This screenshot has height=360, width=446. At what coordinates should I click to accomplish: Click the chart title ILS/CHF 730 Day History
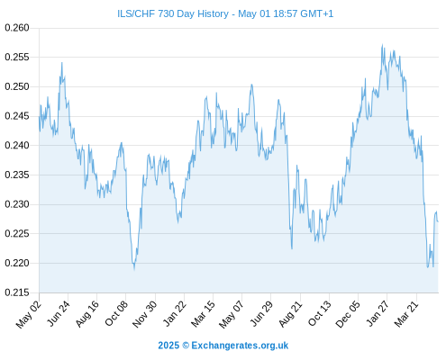pos(173,13)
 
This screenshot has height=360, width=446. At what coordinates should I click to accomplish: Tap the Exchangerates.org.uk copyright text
pos(223,346)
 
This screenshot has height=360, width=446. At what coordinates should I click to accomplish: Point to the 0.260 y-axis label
pos(17,28)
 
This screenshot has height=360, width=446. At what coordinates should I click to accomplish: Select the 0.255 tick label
pos(17,57)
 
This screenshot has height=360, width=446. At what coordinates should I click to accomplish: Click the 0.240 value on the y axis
pos(17,145)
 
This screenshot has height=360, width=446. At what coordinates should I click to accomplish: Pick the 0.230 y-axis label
pos(17,204)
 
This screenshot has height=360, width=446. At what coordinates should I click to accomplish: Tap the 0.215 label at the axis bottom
pos(17,292)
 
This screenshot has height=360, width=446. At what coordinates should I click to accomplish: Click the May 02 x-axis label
pos(29,314)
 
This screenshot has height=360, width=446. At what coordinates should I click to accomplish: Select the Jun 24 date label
pos(59,313)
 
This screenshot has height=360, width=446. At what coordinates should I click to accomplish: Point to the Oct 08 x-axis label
pos(116,313)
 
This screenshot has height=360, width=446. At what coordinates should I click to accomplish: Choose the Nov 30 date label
pos(145,314)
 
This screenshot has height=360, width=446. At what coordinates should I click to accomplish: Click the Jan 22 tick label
pos(175,313)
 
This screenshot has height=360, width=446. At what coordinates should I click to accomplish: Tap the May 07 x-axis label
pos(232,314)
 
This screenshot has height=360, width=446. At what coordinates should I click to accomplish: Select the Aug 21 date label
pos(290,313)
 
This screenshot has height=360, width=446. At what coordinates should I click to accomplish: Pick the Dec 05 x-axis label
pos(348,314)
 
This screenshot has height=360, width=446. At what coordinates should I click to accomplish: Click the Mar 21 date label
pos(406,313)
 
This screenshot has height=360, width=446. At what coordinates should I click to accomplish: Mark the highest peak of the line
pos(382,45)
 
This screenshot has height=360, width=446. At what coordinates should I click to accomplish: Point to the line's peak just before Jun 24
pos(62,63)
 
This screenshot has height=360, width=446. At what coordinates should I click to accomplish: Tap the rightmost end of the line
pos(438,221)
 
